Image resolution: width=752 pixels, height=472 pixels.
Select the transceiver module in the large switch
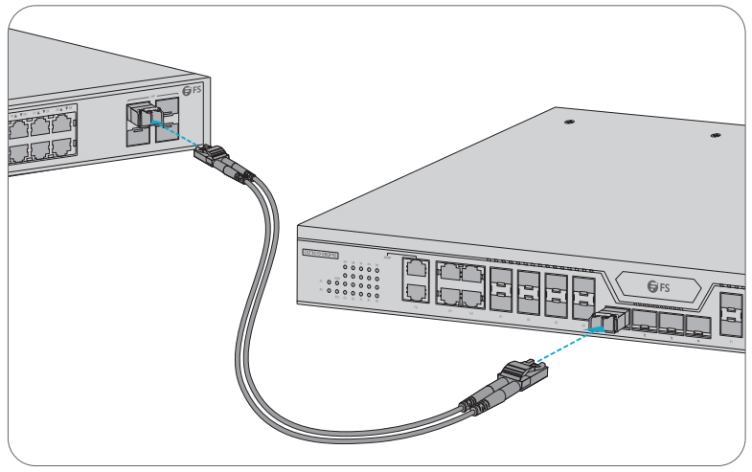[605, 321]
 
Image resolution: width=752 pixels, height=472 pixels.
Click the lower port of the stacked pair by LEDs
[417, 294]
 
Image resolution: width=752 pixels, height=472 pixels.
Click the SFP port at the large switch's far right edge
[733, 307]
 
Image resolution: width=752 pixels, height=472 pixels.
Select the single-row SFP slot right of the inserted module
[644, 324]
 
